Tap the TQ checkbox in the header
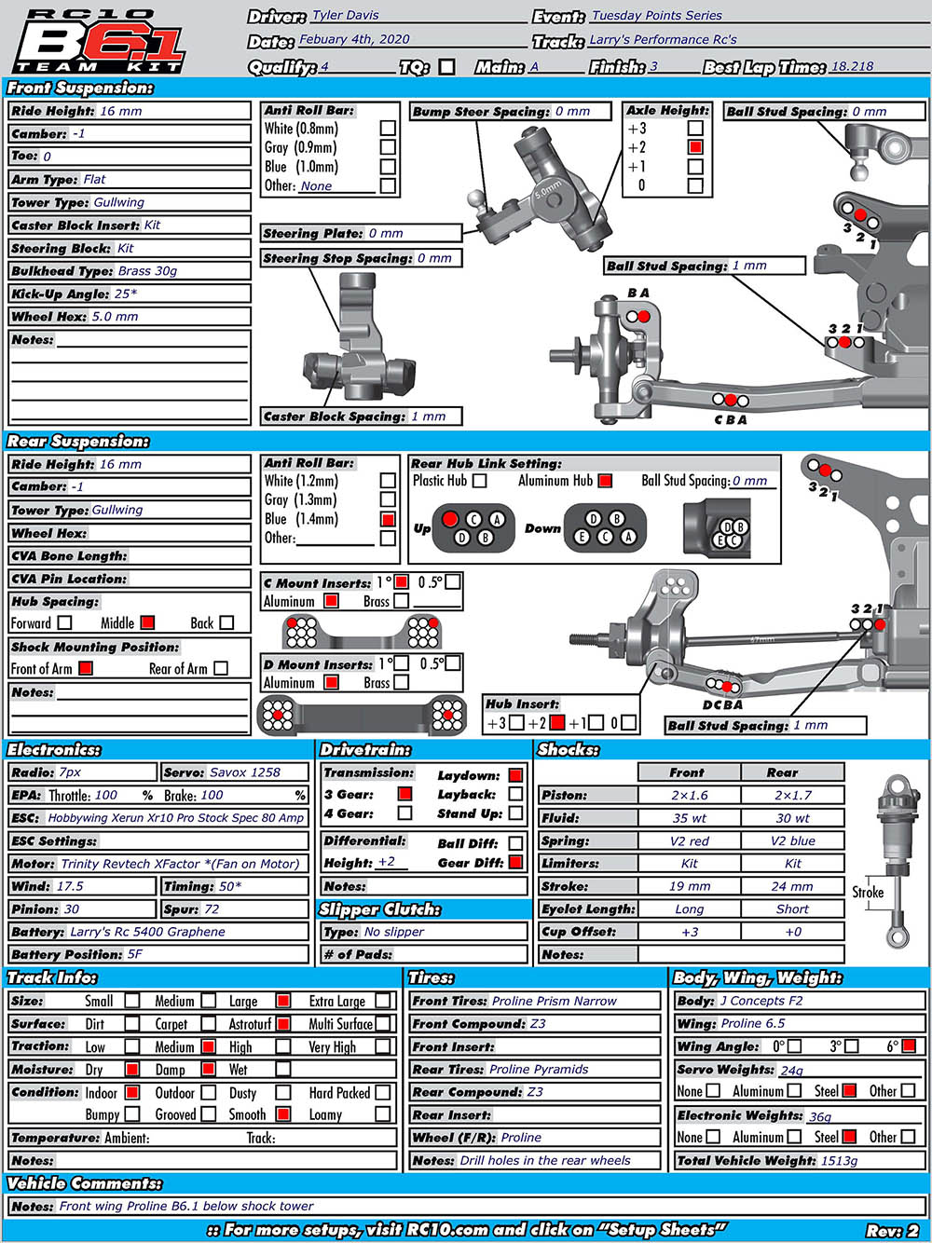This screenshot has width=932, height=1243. pyautogui.click(x=447, y=67)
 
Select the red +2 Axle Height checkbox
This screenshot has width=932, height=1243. pyautogui.click(x=695, y=147)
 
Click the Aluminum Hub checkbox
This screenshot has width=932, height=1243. pyautogui.click(x=605, y=481)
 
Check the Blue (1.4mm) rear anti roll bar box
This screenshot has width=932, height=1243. pyautogui.click(x=388, y=519)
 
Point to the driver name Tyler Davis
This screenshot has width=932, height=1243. pyautogui.click(x=345, y=16)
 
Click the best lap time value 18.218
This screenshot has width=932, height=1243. pyautogui.click(x=852, y=66)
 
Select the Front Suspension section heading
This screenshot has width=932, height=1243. pyautogui.click(x=80, y=88)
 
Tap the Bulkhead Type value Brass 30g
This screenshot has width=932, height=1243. pyautogui.click(x=147, y=271)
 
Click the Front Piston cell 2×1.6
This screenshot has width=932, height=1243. pyautogui.click(x=689, y=795)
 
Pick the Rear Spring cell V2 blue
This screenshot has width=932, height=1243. pyautogui.click(x=792, y=840)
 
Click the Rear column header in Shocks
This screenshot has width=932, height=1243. pyautogui.click(x=782, y=772)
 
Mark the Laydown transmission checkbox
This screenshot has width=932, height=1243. pyautogui.click(x=515, y=775)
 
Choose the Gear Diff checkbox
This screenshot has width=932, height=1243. pyautogui.click(x=515, y=863)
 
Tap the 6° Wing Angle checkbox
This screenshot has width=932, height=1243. pyautogui.click(x=909, y=1046)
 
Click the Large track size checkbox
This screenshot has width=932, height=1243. pyautogui.click(x=283, y=1001)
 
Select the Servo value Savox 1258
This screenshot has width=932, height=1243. pyautogui.click(x=245, y=772)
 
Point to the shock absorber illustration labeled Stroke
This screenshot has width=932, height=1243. pyautogui.click(x=896, y=857)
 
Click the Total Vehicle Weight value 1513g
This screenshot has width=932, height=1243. pyautogui.click(x=839, y=1161)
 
